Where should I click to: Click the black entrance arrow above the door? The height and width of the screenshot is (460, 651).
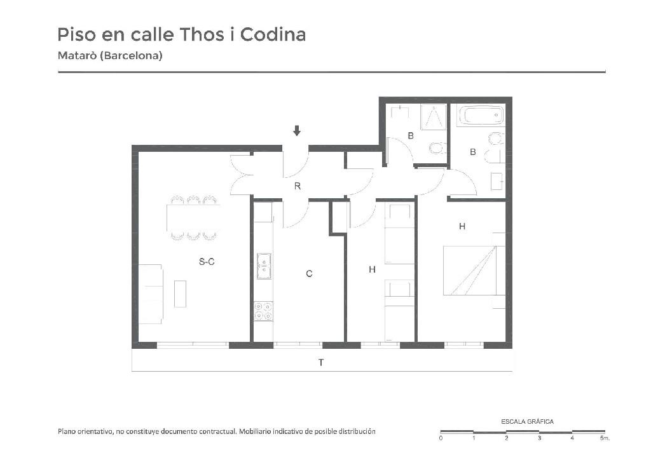pyautogui.click(x=296, y=131)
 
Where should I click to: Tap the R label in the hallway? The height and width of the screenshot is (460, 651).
pyautogui.click(x=298, y=186)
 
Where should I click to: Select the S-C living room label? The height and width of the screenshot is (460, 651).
pyautogui.click(x=207, y=261)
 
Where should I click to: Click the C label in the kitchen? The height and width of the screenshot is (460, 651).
pyautogui.click(x=309, y=274)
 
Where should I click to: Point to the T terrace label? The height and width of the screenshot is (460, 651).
pyautogui.click(x=321, y=363)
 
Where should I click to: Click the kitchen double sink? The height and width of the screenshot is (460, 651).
pyautogui.click(x=264, y=266)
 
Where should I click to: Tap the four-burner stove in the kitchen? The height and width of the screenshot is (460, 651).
pyautogui.click(x=263, y=311)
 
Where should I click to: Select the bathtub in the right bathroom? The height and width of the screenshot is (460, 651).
pyautogui.click(x=481, y=115)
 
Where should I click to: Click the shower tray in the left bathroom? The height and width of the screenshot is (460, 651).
pyautogui.click(x=434, y=117)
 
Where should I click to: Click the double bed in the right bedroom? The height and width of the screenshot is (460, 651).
pyautogui.click(x=474, y=271)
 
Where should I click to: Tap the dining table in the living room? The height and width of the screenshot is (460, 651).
pyautogui.click(x=193, y=218)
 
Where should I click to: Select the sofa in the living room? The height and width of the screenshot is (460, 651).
pyautogui.click(x=150, y=294)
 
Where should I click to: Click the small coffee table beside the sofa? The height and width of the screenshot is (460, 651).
pyautogui.click(x=180, y=294)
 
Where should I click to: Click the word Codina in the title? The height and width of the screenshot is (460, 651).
pyautogui.click(x=273, y=34)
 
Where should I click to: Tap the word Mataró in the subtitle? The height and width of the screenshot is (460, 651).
pyautogui.click(x=77, y=55)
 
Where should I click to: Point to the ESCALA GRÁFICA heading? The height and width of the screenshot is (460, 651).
pyautogui.click(x=527, y=421)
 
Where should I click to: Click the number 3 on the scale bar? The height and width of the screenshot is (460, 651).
pyautogui.click(x=539, y=438)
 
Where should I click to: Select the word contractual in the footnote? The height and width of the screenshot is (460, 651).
pyautogui.click(x=217, y=431)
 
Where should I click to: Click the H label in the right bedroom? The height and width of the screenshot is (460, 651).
pyautogui.click(x=462, y=226)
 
